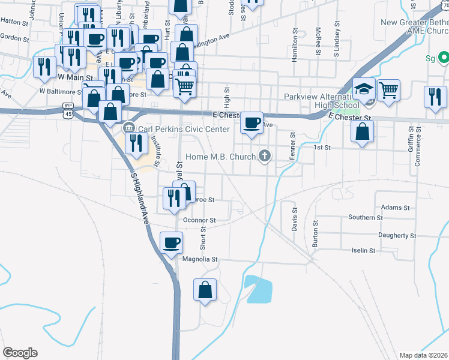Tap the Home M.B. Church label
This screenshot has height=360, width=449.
pos(221,157)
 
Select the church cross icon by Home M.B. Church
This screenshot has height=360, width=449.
pos(264,157)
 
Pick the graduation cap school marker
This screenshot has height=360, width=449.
pos(363,90)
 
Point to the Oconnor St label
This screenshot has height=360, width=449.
pos(199,220)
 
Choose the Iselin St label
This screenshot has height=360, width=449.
pos(363,251)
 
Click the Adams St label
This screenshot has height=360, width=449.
pos(395,208)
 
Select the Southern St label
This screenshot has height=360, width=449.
pos(366,217)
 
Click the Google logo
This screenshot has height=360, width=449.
pos(20,353)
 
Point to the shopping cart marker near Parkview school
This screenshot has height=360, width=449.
pos(389,91)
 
